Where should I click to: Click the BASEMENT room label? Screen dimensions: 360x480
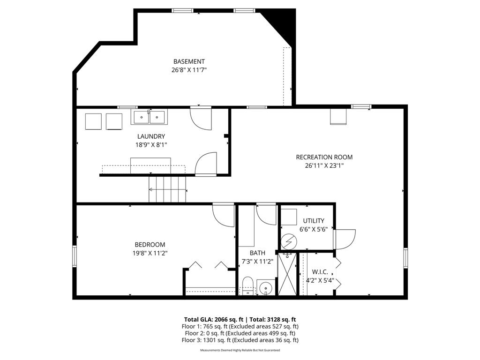189,61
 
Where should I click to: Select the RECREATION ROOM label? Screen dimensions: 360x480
324,157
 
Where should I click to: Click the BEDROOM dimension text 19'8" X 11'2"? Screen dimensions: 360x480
150,253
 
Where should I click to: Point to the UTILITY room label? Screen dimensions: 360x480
314,221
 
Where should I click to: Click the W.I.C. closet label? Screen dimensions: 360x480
320,272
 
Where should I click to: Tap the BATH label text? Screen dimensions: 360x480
257,253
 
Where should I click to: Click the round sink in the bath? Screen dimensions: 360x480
266,287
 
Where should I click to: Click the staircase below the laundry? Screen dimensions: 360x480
167,189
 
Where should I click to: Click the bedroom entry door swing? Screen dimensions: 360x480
224,215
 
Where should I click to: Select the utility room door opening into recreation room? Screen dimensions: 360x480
345,239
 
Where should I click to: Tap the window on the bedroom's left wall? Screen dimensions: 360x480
74,257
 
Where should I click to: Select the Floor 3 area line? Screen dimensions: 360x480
240,340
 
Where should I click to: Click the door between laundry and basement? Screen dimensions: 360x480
201,119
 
